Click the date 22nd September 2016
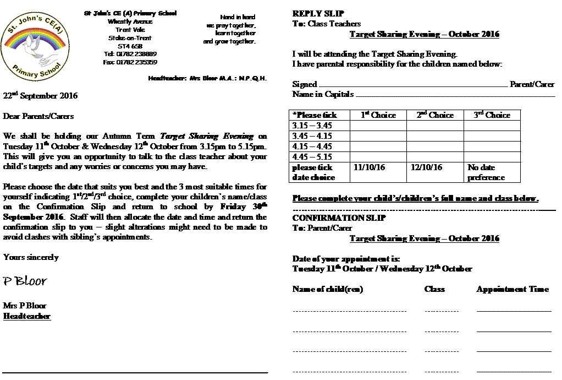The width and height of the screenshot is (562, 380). [41, 95]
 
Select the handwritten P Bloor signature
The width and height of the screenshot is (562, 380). [25, 281]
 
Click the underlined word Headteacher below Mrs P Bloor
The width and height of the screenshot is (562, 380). [27, 316]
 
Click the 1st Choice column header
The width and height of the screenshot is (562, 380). [378, 115]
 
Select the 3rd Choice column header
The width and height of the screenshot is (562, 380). [492, 115]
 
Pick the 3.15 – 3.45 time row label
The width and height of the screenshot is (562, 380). [312, 126]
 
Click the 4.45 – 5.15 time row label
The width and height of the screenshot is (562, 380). [312, 157]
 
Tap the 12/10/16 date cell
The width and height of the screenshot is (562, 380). [426, 167]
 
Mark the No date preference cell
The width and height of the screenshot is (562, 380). [486, 172]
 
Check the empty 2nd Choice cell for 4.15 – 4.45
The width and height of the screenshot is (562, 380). [434, 146]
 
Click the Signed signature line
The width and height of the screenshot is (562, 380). [412, 85]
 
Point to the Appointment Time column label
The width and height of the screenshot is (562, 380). [513, 289]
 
